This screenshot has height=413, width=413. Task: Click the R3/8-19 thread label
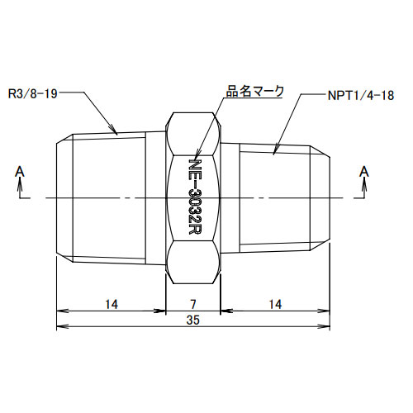tap(34, 93)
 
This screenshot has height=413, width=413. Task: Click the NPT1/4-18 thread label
tap(356, 95)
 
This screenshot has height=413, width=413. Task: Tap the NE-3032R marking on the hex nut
tap(195, 197)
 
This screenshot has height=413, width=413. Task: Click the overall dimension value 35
tap(193, 320)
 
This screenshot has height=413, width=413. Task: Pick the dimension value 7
tap(193, 304)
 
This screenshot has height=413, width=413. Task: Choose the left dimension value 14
tap(111, 304)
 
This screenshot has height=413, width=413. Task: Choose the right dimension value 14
tap(274, 304)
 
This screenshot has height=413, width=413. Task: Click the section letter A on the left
tap(19, 171)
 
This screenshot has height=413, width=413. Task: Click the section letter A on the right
tap(362, 171)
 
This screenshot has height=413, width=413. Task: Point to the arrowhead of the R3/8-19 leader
tap(116, 131)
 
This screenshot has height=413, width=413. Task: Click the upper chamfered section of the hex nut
tap(193, 131)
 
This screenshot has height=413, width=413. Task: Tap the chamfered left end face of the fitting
tap(61, 198)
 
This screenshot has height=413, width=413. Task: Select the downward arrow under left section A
tap(19, 192)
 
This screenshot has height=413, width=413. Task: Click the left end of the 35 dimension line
tap(57, 328)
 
